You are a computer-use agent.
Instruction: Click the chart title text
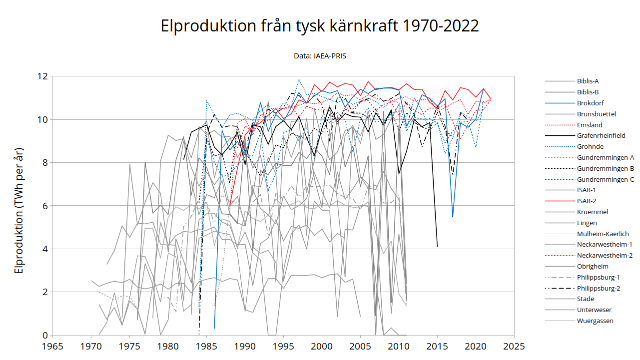319,25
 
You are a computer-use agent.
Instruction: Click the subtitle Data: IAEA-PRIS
320,56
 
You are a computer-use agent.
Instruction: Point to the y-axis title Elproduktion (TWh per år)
18,210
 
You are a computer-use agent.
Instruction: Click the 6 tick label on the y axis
45,206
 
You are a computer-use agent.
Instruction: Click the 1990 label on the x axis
245,347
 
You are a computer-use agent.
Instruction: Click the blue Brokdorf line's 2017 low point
453,217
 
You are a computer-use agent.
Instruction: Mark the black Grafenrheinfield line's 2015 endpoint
437,246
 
